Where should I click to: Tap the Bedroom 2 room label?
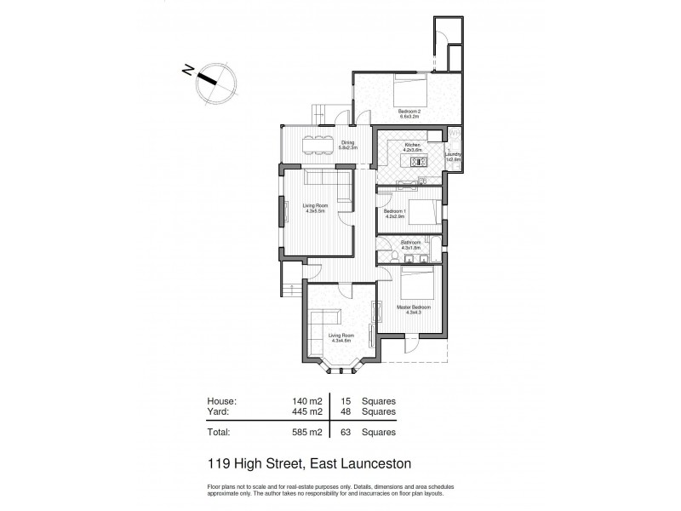point(409,114)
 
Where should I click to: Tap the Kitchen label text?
point(413,148)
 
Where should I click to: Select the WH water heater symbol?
point(455,135)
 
